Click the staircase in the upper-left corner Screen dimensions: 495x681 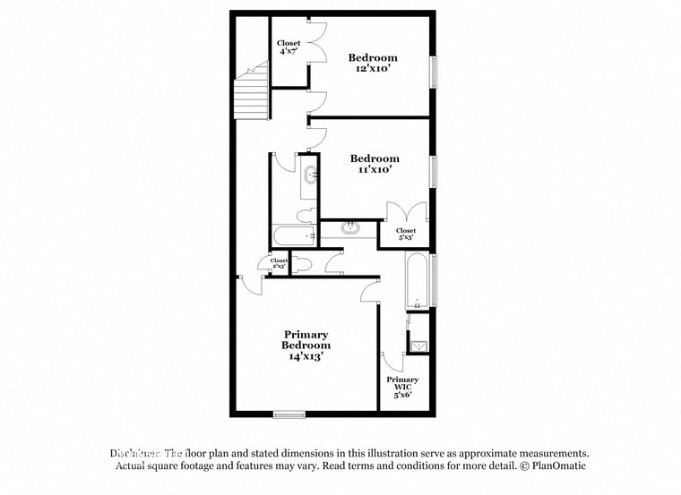point(252,90)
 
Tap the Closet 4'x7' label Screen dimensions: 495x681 point(289,47)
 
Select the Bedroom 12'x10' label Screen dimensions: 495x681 point(373,64)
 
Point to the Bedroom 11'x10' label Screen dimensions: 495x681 point(375,164)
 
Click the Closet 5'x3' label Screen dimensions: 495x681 point(405,235)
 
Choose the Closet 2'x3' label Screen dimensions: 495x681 point(279,263)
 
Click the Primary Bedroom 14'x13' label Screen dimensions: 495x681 point(306,345)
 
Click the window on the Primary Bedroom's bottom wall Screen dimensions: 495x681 point(289,414)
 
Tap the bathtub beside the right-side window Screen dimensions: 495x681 point(417,280)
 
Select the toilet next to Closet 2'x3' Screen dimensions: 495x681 point(302,264)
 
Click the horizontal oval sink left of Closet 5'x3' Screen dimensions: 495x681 point(350,228)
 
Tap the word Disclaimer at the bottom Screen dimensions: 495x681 point(134,453)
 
